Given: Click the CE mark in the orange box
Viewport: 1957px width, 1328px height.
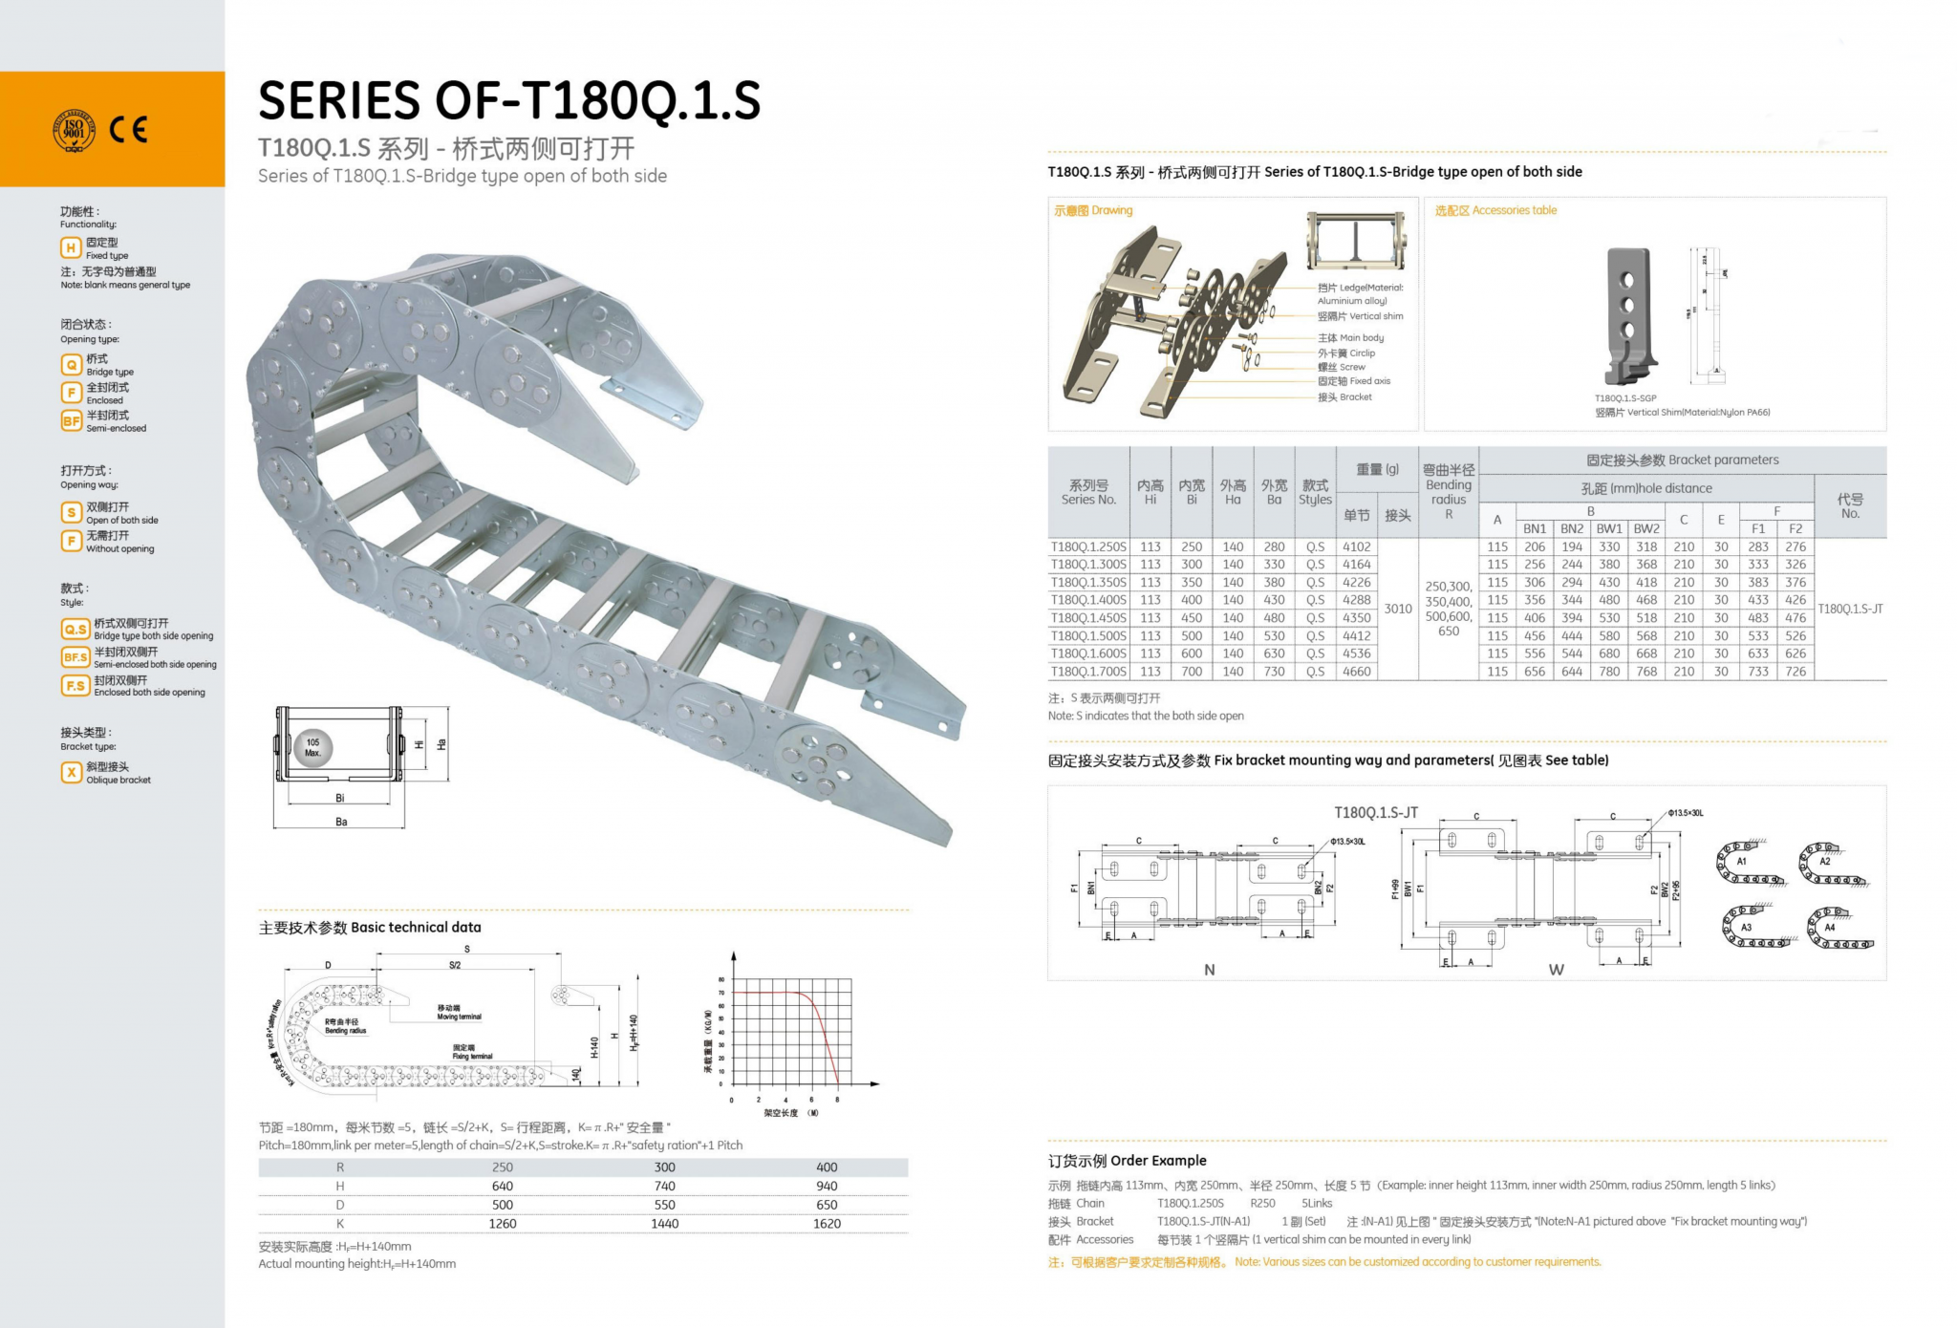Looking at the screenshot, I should click(x=128, y=129).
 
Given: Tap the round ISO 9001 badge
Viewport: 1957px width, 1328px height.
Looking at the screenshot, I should click(x=74, y=130).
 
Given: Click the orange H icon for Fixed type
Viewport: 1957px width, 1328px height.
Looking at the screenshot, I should click(x=71, y=248).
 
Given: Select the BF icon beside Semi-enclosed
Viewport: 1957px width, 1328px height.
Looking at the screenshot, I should click(x=71, y=420).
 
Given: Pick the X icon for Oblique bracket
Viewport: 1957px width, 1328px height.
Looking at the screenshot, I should click(x=71, y=772).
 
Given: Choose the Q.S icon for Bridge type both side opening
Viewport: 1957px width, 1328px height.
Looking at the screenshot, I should click(x=75, y=629).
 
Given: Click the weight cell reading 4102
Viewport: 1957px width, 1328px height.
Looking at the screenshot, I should click(x=1356, y=547).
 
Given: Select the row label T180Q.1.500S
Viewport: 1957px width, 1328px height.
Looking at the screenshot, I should click(x=1088, y=636).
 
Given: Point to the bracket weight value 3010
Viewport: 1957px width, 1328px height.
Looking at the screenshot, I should click(x=1397, y=609).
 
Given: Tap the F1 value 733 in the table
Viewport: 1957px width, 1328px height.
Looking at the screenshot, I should click(x=1757, y=672).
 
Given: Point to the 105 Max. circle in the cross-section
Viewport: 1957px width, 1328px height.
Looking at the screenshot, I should click(x=312, y=748).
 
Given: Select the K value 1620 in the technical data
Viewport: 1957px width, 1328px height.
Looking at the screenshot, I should click(x=827, y=1224).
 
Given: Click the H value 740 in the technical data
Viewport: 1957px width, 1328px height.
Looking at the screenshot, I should click(x=664, y=1187).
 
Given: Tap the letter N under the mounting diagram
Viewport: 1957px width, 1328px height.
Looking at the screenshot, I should click(x=1209, y=970).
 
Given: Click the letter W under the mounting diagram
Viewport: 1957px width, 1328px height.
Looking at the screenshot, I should click(x=1556, y=970).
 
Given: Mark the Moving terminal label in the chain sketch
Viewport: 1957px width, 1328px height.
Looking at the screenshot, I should click(x=460, y=1013).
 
